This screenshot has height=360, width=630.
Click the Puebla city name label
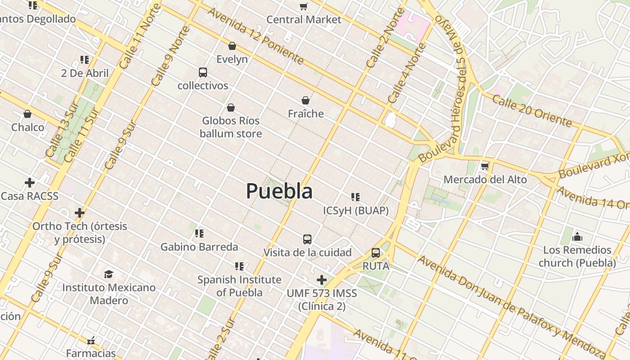(x=279, y=191)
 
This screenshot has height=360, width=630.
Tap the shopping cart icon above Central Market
(x=304, y=6)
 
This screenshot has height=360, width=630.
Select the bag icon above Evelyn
(x=232, y=46)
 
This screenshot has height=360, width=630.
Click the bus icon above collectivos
(x=203, y=72)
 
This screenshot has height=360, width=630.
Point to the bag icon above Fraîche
(x=306, y=100)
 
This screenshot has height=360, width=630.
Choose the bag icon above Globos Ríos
(x=231, y=108)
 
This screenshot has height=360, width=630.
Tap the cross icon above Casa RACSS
(x=30, y=183)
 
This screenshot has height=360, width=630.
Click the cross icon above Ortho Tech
(x=80, y=212)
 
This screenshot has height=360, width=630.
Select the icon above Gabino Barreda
(x=199, y=233)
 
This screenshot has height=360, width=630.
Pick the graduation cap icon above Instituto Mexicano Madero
(x=108, y=274)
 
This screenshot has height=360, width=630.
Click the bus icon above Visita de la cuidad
(x=307, y=239)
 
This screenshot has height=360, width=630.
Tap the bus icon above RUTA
(x=376, y=253)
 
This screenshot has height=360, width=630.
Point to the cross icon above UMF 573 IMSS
(x=322, y=280)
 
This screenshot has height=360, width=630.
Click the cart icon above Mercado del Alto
(x=485, y=166)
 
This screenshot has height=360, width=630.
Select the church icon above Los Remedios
(x=577, y=237)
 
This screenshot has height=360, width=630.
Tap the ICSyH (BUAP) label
(x=355, y=211)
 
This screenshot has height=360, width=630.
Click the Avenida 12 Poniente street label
(x=255, y=36)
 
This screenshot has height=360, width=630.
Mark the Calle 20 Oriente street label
(x=531, y=111)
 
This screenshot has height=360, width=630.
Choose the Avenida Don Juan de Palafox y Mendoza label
(x=511, y=306)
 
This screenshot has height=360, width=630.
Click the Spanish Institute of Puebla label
(x=239, y=286)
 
